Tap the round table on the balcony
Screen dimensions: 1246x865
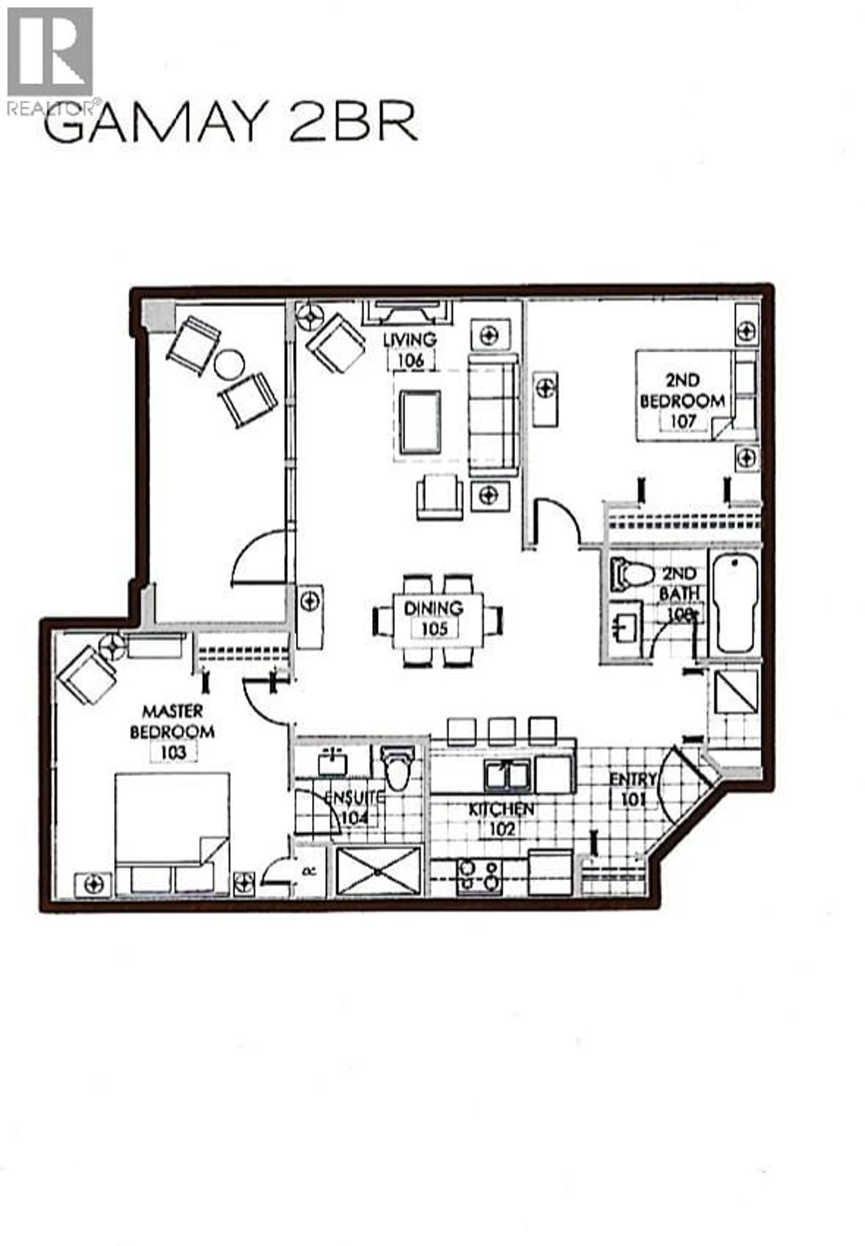pos(229,365)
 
